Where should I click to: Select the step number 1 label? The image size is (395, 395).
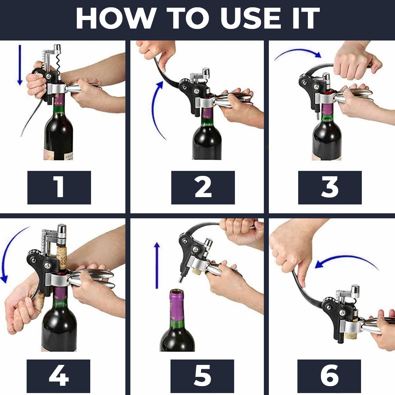(59, 187)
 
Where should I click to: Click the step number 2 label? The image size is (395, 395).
(203, 187)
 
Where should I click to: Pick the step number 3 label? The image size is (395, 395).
(330, 187)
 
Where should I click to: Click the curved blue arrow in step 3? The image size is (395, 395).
(297, 54)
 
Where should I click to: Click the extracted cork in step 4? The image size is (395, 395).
(62, 257)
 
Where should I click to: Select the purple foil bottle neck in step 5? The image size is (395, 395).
(177, 305)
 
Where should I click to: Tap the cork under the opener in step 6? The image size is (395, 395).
(351, 335)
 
